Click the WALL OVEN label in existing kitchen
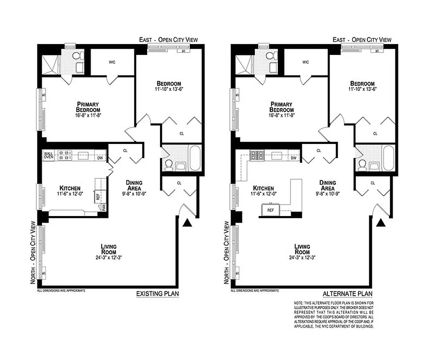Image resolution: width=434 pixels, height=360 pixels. [48, 156]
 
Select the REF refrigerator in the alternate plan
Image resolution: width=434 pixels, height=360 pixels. [271, 210]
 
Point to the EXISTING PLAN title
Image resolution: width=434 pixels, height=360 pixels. [157, 294]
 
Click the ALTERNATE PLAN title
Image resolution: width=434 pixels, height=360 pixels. [348, 294]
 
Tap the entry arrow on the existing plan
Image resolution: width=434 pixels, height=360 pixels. [188, 223]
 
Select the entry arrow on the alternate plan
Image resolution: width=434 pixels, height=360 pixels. [381, 223]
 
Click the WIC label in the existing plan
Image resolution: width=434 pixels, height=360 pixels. [112, 62]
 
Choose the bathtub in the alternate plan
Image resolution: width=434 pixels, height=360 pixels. [389, 157]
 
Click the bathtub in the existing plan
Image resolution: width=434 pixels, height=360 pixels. [195, 157]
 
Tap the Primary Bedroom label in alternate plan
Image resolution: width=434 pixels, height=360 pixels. [282, 107]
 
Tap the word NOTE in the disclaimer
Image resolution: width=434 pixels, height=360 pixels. [299, 303]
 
